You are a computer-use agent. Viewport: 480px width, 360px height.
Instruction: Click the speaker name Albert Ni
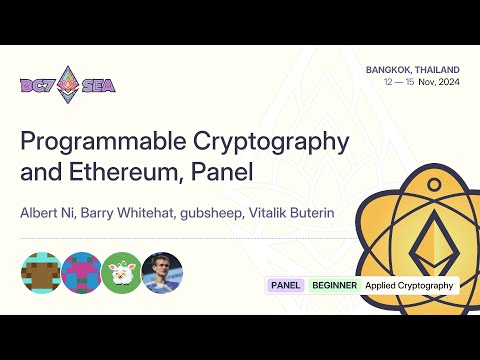(x=47, y=212)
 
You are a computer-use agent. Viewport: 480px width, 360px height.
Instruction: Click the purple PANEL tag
(x=285, y=285)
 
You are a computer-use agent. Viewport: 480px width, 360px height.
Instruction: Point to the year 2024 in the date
(x=445, y=83)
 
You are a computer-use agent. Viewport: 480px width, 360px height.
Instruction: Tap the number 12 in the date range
(x=388, y=83)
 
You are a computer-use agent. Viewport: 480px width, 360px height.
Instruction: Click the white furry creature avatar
(x=121, y=272)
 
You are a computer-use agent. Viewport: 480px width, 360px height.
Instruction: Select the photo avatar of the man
(x=163, y=272)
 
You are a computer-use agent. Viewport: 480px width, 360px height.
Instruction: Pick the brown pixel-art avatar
(x=40, y=272)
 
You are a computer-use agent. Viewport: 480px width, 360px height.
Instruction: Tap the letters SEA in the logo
(x=98, y=85)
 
